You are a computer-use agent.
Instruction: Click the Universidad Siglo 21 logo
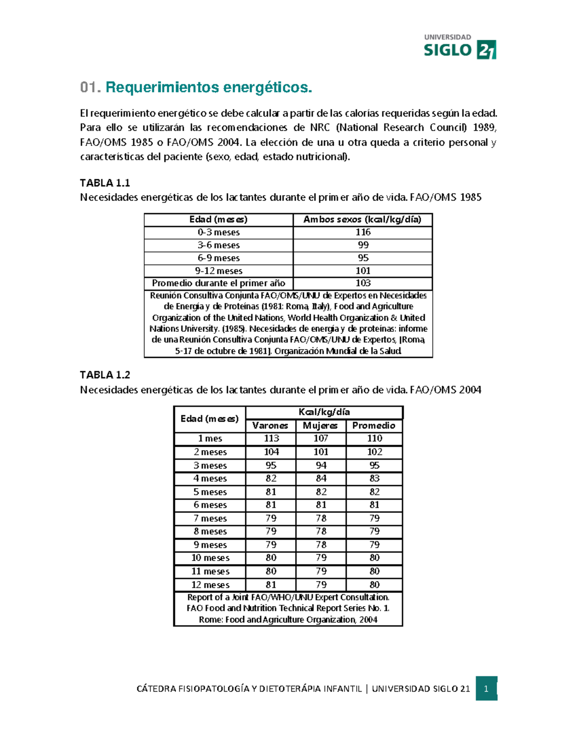tap(459, 47)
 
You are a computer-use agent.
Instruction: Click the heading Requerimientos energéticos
tap(209, 87)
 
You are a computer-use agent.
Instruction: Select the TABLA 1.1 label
tap(105, 183)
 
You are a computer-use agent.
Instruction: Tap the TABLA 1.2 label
tap(105, 375)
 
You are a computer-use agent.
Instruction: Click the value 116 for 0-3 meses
tap(363, 232)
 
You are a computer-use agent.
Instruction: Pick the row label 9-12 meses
tap(218, 271)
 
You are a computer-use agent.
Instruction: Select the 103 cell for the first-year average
tap(363, 283)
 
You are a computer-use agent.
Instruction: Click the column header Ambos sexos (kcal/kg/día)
tap(363, 220)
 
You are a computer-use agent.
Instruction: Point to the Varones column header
tap(270, 426)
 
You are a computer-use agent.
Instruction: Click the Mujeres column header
tap(320, 426)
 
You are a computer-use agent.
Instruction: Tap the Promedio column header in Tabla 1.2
tap(374, 426)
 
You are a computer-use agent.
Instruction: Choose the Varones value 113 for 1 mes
tap(271, 439)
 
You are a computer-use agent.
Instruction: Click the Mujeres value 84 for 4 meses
tap(321, 478)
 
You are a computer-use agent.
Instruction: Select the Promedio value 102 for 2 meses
tap(375, 452)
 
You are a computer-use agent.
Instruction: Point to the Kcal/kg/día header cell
tap(324, 412)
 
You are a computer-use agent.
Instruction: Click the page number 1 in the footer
tap(486, 689)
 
